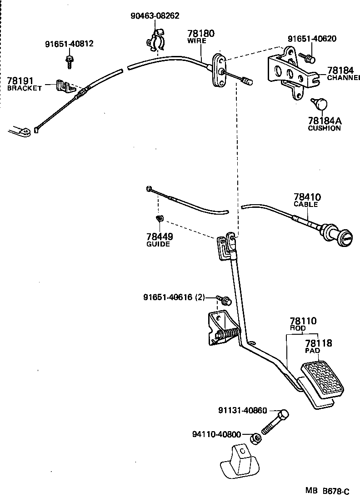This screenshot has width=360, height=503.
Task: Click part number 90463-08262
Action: [x=155, y=16]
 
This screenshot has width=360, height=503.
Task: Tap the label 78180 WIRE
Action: [x=201, y=36]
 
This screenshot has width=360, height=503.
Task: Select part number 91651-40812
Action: [x=69, y=44]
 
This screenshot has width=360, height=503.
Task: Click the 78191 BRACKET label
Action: [x=25, y=84]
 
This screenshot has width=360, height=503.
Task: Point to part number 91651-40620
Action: [x=312, y=39]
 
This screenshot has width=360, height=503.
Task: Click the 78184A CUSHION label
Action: [x=324, y=124]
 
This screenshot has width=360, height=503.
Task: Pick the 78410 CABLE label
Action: [x=307, y=200]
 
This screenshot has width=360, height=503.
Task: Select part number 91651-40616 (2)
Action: [x=174, y=297]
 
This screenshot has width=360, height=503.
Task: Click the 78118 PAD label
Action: [x=318, y=346]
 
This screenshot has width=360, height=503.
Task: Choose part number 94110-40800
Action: [x=217, y=435]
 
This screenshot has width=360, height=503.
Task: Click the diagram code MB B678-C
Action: [x=327, y=491]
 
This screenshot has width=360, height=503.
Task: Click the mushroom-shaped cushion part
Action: [x=321, y=104]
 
